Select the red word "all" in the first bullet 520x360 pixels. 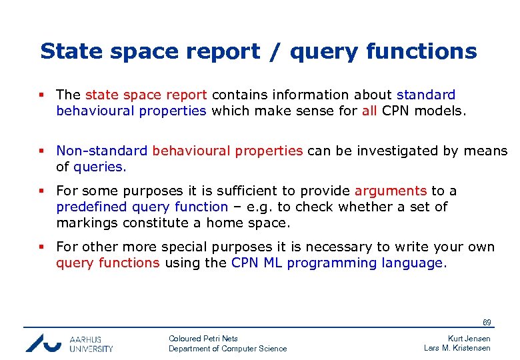point(369,111)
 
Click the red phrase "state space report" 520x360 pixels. point(146,95)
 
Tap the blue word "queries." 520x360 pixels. point(99,167)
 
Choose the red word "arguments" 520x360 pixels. point(390,191)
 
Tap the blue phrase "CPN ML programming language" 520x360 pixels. point(337,263)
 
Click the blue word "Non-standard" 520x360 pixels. point(102,151)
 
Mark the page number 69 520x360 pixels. point(487,323)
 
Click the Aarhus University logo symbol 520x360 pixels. point(44,342)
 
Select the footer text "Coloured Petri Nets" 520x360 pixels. point(203,339)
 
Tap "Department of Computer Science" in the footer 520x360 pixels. point(227,349)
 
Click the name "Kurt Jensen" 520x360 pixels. point(469,339)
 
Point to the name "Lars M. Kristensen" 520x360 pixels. point(457,348)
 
